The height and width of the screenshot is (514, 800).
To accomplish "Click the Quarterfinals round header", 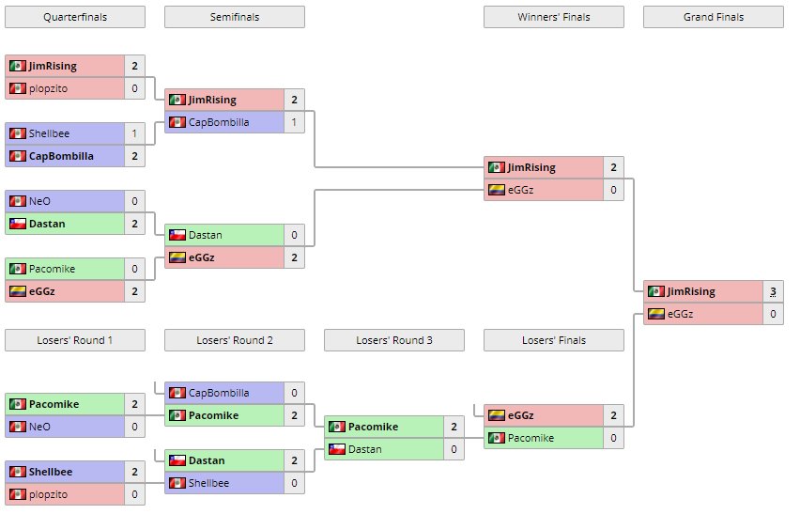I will tap(75, 17).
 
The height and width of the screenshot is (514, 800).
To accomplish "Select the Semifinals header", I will tap(234, 17).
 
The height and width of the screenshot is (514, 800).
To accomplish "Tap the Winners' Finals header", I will tap(553, 17).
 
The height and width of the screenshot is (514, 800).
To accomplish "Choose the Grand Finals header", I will tap(713, 17).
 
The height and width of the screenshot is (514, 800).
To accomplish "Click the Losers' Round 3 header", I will tap(393, 340).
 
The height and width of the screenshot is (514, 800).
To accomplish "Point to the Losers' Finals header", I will tap(553, 340).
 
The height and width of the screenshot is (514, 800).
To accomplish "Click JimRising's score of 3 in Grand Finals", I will tap(773, 292).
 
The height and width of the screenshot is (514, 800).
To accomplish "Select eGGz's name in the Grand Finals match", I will tap(681, 314).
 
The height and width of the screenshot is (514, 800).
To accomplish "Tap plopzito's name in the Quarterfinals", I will tap(48, 88).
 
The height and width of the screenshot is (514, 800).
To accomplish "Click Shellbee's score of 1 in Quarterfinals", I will tap(134, 133).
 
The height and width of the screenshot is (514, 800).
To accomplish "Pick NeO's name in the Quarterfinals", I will tap(39, 201).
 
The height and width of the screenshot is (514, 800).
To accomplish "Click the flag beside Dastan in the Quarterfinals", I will tap(17, 224).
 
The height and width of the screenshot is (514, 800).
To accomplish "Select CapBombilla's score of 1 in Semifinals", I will tap(294, 122).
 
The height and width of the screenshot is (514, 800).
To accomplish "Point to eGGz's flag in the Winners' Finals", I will tap(496, 190).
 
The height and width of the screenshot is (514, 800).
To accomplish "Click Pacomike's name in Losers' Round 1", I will tap(53, 404).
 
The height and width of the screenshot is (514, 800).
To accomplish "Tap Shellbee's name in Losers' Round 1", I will tap(51, 472).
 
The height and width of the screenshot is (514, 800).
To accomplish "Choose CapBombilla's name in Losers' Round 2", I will tap(219, 393).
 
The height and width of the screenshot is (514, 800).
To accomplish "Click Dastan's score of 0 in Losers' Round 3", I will tap(454, 449).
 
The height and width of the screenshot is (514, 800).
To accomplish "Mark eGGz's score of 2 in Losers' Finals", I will tap(613, 415).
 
